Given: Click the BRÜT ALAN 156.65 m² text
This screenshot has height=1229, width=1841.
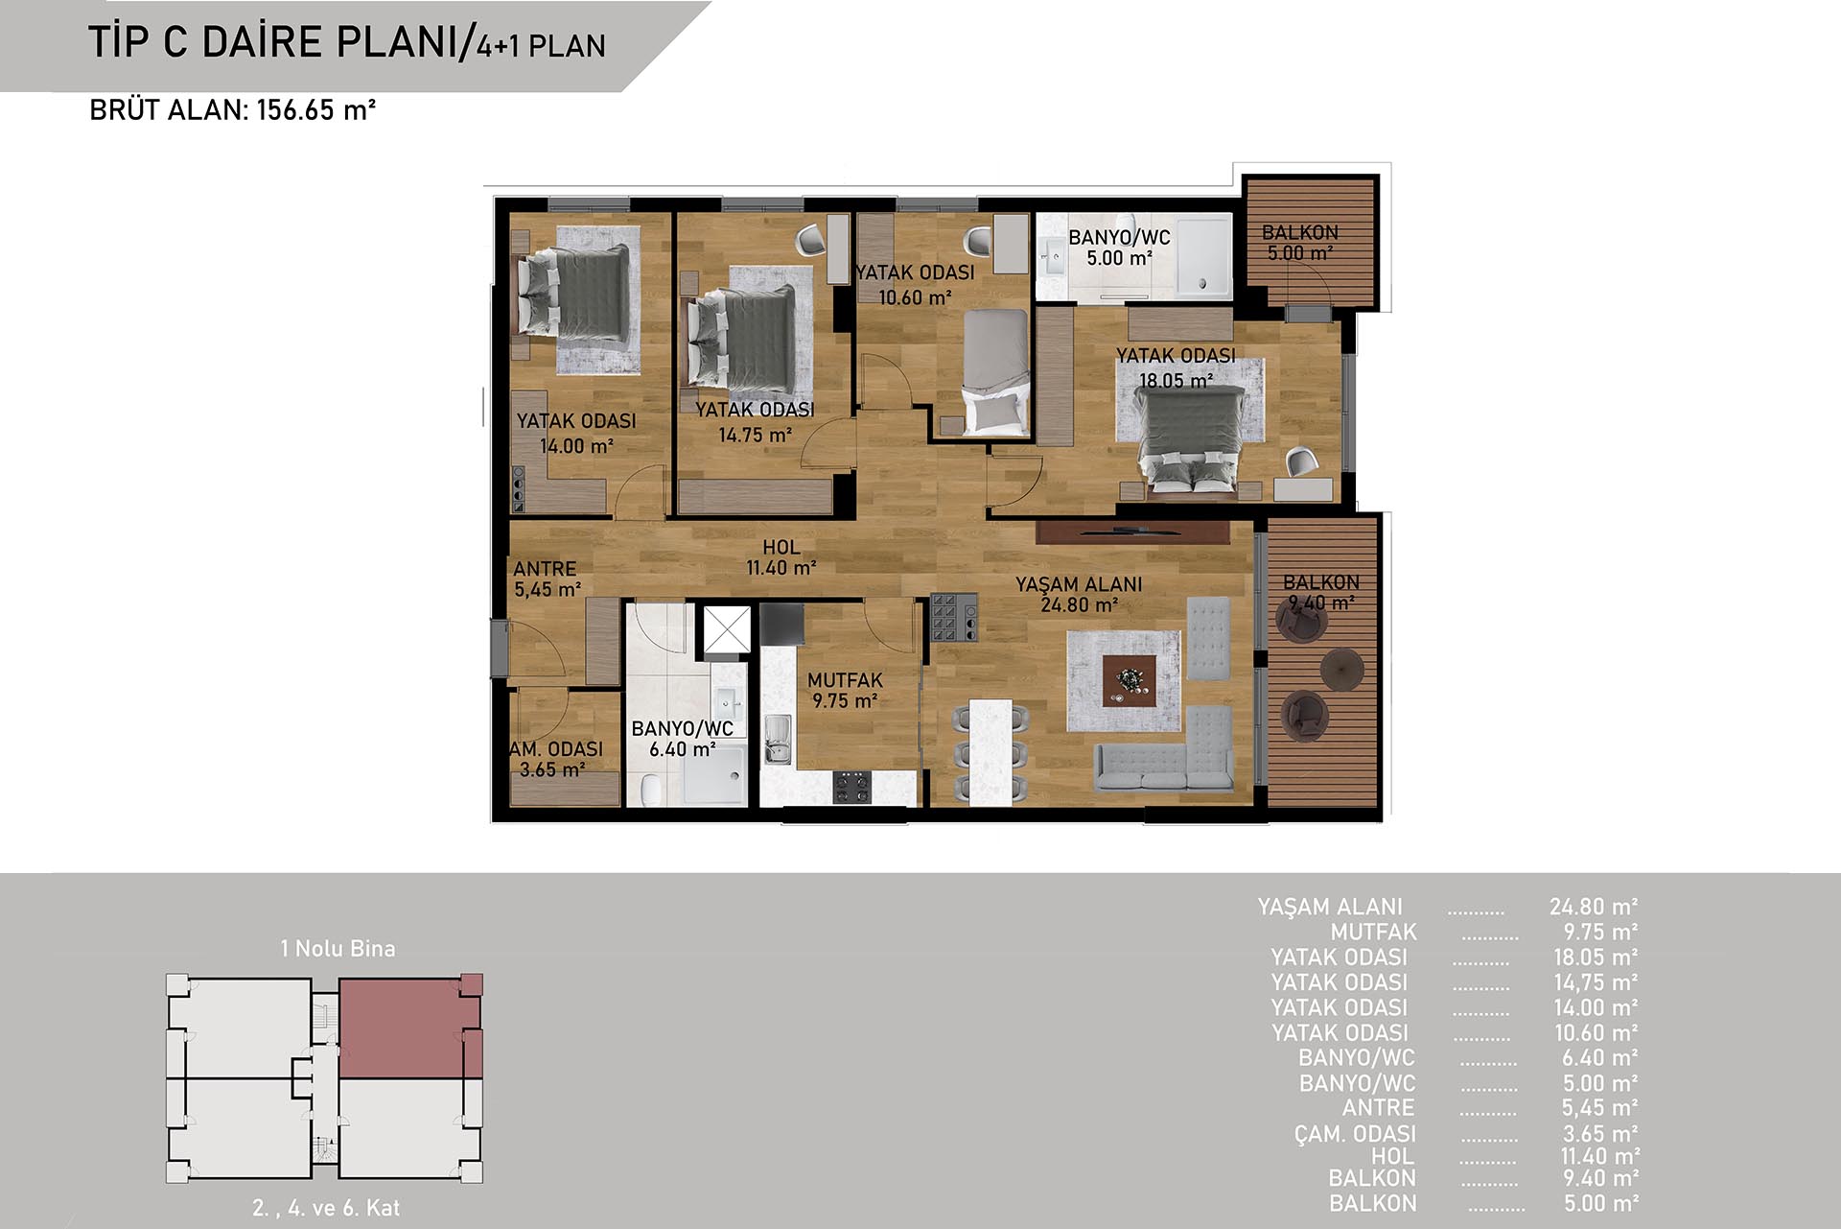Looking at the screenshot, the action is (x=232, y=110).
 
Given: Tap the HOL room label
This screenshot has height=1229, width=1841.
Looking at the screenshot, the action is (x=781, y=547).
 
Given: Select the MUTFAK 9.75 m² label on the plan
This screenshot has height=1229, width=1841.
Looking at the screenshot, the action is (x=845, y=691).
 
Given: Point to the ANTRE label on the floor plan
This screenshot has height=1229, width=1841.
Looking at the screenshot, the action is (x=545, y=569).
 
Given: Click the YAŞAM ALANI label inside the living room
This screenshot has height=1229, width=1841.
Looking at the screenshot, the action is (x=1079, y=584).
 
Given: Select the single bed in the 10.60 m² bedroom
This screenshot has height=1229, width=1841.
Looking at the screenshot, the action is (x=996, y=370).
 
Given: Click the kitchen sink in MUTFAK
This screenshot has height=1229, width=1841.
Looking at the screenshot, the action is (x=778, y=740).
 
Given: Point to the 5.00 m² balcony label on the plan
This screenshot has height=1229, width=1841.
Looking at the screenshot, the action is (x=1300, y=243).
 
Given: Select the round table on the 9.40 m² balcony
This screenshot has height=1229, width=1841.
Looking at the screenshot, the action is (x=1341, y=669).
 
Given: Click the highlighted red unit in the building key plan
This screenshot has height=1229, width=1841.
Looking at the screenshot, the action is (x=410, y=1028).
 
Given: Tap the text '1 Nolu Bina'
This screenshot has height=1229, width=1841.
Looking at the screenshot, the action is (x=338, y=949).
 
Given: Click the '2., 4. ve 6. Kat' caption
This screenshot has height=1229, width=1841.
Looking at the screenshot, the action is (x=326, y=1208).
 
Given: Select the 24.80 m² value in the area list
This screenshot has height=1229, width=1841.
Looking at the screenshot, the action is (x=1594, y=907).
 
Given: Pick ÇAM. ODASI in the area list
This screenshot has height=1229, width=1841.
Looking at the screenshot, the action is (x=1355, y=1133).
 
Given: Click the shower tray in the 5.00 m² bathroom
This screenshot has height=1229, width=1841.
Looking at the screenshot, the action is (x=1203, y=255).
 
